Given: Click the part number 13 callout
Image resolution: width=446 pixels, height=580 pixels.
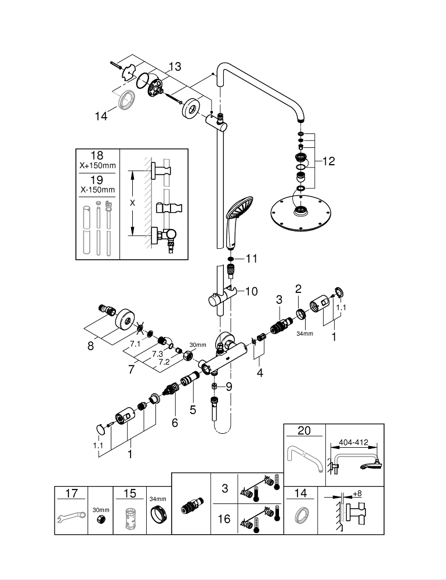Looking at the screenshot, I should coord(175,66).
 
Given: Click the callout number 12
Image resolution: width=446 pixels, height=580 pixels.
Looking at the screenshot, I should coord(329,161).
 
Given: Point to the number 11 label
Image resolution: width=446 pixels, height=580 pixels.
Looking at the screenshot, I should coord(251,259).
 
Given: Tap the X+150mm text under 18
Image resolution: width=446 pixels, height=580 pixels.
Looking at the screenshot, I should coord(97,165).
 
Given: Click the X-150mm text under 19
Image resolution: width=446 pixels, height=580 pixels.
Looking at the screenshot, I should coord(97,190).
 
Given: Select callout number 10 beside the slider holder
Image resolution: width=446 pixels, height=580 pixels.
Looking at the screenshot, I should coord(251,291).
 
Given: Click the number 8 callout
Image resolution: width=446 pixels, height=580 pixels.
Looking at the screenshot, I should coord(89,346).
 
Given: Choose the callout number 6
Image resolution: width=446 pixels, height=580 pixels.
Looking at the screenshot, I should coord(175,423).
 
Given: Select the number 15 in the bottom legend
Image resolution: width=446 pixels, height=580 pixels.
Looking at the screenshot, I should coord(130,494).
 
